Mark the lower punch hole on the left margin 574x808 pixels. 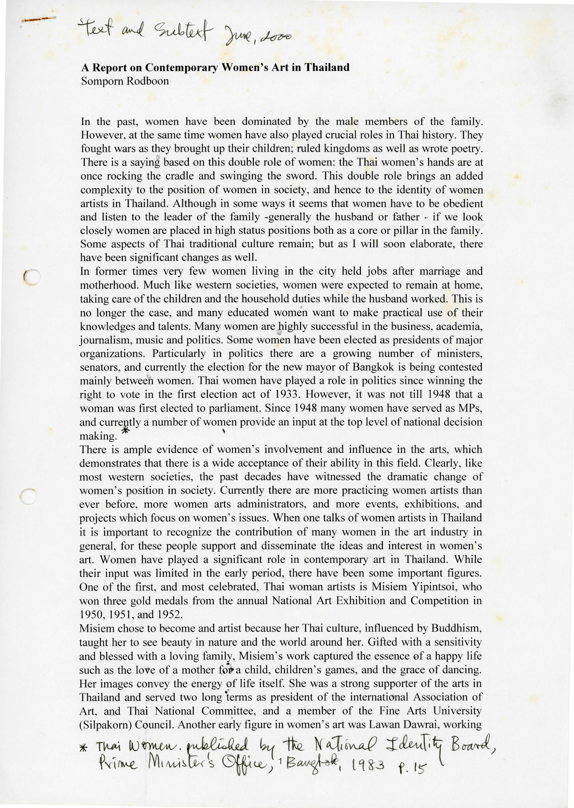coord(28,497)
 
